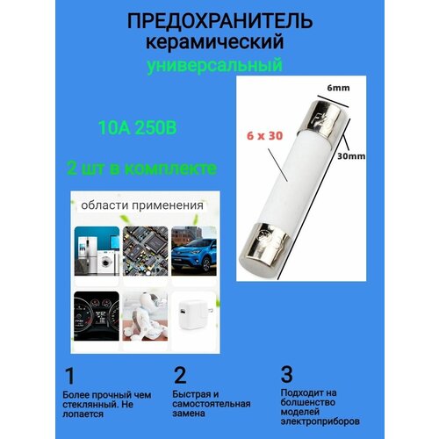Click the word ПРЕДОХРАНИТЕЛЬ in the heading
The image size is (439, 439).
(219, 21)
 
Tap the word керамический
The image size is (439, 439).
(219, 42)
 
